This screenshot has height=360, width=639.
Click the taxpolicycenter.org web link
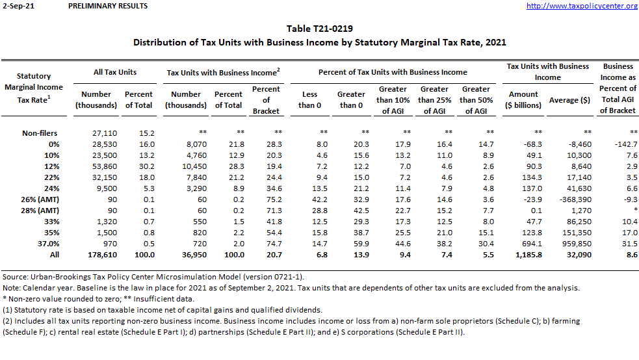click(582, 6)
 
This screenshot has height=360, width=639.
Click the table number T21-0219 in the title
click(319, 29)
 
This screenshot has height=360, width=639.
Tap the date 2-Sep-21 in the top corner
click(16, 6)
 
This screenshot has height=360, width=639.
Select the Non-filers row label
click(41, 133)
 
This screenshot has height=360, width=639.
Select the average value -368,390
click(569, 199)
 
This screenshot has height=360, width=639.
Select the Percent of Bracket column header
click(266, 100)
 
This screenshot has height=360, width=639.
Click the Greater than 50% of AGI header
click(476, 100)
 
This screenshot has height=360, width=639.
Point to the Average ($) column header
click(569, 100)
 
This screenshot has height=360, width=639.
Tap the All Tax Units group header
click(115, 72)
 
